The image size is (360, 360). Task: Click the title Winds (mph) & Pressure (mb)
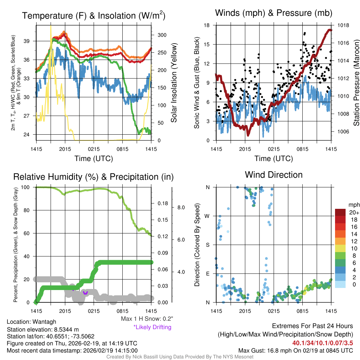click(x=274, y=13)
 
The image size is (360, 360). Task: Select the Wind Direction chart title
click(x=274, y=175)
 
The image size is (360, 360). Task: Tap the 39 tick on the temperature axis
click(x=30, y=41)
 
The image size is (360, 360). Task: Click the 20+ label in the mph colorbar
click(x=354, y=212)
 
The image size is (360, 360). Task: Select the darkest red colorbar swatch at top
click(x=341, y=212)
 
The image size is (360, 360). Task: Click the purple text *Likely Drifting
click(x=152, y=327)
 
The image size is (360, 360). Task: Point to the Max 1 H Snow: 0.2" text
click(x=147, y=319)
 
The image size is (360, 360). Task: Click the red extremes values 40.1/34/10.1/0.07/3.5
click(x=322, y=343)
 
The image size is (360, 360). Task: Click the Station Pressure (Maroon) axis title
click(x=356, y=83)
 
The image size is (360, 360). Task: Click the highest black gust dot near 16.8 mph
click(x=305, y=33)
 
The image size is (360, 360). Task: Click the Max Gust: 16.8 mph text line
click(x=295, y=350)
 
